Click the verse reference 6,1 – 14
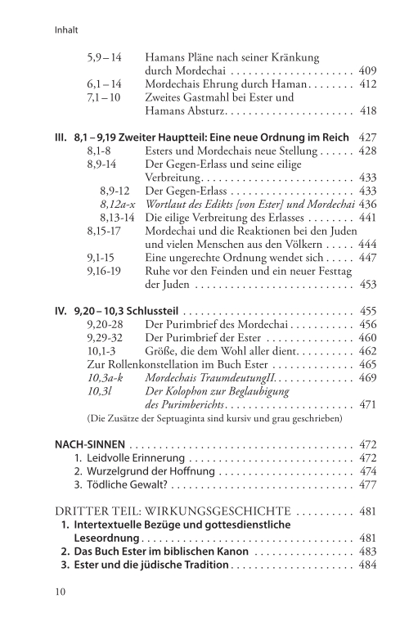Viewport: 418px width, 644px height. [x=105, y=83]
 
